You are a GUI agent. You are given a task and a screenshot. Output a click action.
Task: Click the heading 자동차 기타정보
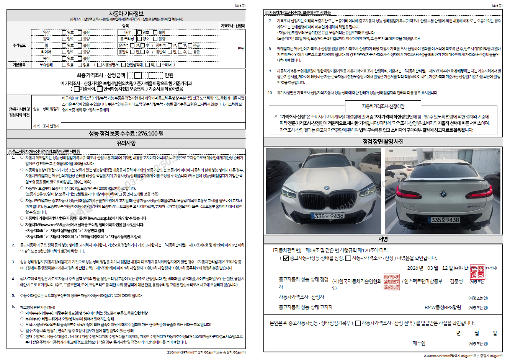(126, 14)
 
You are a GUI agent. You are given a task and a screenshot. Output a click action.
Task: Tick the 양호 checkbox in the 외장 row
(64, 33)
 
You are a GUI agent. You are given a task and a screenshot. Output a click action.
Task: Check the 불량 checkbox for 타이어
(80, 52)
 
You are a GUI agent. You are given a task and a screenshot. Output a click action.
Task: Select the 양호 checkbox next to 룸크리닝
(140, 39)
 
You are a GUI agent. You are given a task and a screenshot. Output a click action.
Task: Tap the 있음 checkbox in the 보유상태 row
(64, 65)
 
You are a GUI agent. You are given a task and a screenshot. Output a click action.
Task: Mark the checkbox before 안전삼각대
(123, 65)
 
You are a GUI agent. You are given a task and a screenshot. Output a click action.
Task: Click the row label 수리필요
(19, 46)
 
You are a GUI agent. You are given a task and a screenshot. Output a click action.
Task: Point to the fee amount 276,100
(148, 134)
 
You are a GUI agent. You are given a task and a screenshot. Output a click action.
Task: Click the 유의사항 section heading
(126, 143)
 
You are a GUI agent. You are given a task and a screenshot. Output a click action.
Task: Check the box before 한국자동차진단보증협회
(100, 89)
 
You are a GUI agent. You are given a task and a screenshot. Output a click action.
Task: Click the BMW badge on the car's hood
(327, 188)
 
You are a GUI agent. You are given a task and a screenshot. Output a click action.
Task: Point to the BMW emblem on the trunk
(443, 194)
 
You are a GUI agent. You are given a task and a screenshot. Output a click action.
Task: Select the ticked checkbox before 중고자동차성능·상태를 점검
(286, 258)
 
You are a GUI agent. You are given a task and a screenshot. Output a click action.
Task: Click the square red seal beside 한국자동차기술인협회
(391, 282)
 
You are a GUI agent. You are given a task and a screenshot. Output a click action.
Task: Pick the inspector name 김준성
(456, 282)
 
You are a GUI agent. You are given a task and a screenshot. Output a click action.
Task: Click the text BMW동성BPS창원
(443, 308)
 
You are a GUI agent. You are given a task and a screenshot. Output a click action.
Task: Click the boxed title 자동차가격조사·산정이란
(383, 106)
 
